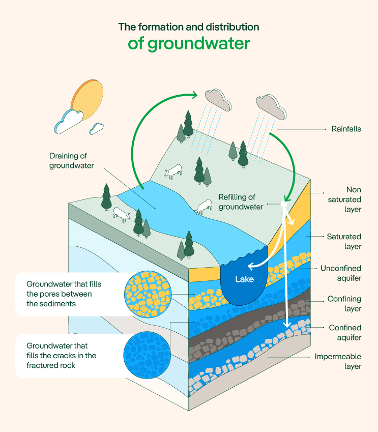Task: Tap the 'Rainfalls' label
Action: pos(346,129)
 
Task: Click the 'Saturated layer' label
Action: pos(343,242)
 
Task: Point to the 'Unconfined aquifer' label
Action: pos(340,273)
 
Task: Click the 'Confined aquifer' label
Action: pos(344,333)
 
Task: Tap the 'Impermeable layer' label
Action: pos(338,361)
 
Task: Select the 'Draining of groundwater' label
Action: pos(72,161)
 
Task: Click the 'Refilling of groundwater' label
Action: pos(241,202)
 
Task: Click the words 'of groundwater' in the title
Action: pos(189,44)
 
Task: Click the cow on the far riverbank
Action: pos(173,171)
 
